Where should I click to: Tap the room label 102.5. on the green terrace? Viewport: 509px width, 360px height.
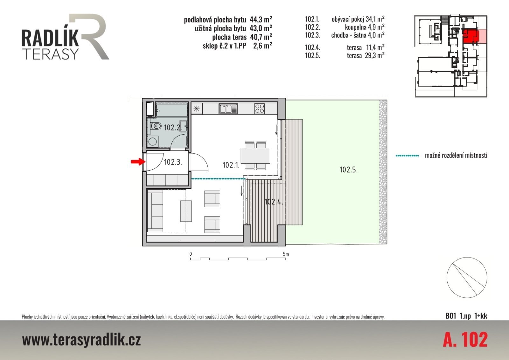click(x=348, y=170)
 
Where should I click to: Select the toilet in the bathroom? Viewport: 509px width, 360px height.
click(x=156, y=125)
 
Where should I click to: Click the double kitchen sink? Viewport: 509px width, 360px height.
click(x=228, y=109)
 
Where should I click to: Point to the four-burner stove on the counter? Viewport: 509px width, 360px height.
click(x=259, y=109)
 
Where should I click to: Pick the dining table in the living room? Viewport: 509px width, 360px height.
click(x=255, y=156)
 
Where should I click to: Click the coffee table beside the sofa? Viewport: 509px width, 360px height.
click(x=186, y=211)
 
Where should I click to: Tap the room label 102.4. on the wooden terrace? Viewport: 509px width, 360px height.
click(x=274, y=201)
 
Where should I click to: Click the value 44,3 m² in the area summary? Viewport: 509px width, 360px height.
click(x=261, y=19)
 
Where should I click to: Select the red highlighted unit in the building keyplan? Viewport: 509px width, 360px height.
click(x=471, y=36)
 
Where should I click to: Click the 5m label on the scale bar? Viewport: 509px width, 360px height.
click(x=286, y=254)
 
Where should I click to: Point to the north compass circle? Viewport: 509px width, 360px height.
click(x=467, y=278)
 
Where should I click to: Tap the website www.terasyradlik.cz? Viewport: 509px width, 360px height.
click(x=81, y=340)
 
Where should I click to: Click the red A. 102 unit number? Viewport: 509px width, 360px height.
click(x=465, y=340)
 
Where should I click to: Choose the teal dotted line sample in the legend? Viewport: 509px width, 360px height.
click(x=408, y=156)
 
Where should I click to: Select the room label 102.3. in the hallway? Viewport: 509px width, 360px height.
click(x=173, y=162)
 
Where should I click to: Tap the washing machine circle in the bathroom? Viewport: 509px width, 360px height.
click(x=152, y=141)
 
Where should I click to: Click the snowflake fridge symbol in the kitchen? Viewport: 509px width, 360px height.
click(x=197, y=109)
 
